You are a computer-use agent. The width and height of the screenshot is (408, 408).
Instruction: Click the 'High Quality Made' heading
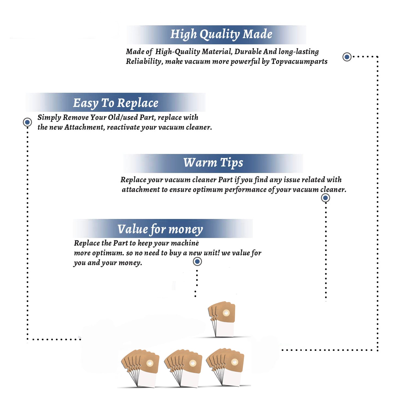tap(221, 35)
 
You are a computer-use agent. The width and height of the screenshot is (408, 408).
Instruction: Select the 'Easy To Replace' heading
tap(116, 103)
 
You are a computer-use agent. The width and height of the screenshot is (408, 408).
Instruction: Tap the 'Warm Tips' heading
tap(213, 163)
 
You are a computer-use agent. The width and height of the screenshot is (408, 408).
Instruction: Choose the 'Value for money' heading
tap(160, 229)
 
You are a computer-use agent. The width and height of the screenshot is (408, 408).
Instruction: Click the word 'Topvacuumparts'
tap(299, 62)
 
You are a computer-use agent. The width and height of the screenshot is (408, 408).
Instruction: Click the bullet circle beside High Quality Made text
tap(347, 57)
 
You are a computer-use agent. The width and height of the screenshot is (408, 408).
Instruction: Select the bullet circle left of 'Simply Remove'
tap(27, 122)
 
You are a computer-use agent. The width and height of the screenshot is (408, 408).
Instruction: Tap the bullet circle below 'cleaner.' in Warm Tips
tap(325, 198)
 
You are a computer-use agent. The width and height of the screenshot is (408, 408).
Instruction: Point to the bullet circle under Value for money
tap(197, 262)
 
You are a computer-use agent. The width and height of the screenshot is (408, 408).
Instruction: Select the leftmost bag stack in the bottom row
tap(140, 368)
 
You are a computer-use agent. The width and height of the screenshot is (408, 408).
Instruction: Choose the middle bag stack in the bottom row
tap(183, 368)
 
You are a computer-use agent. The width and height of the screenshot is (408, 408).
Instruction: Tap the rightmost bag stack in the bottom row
tap(225, 367)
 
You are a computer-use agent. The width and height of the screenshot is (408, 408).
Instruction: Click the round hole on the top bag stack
tap(226, 313)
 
